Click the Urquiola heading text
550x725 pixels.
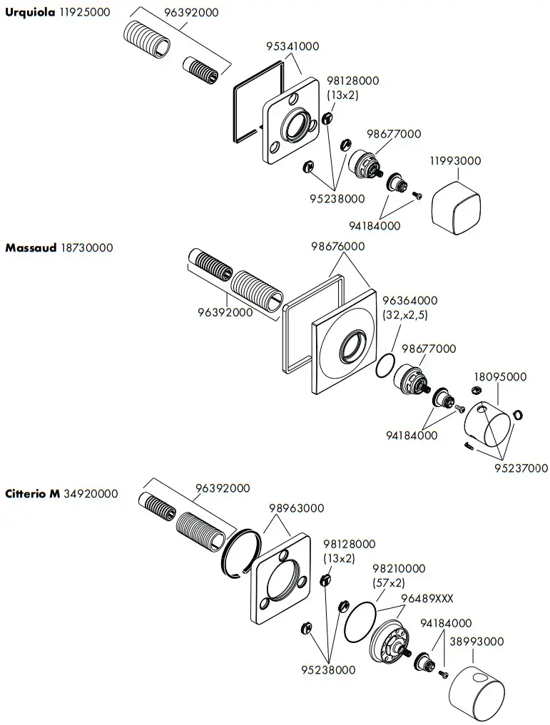[x=29, y=13]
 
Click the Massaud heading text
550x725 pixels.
[x=30, y=248]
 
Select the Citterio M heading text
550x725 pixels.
[x=32, y=493]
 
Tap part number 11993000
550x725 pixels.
[x=454, y=161]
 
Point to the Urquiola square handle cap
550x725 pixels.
[x=458, y=206]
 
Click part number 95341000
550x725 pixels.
[x=292, y=46]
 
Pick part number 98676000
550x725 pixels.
[x=337, y=247]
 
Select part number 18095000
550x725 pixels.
[x=500, y=376]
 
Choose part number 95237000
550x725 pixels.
[x=521, y=468]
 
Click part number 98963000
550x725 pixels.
[x=296, y=508]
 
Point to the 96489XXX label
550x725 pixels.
[x=427, y=598]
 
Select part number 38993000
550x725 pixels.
[x=477, y=642]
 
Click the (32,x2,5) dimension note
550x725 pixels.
[x=405, y=314]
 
